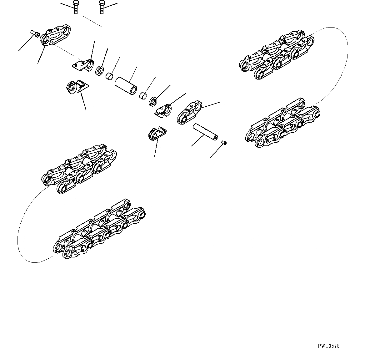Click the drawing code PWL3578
click(x=328, y=346)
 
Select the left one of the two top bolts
click(x=76, y=7)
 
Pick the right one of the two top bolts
click(x=101, y=7)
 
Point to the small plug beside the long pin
click(x=224, y=143)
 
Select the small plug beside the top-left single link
click(x=35, y=33)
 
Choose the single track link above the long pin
click(x=189, y=112)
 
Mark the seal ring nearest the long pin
click(x=153, y=101)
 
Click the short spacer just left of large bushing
click(x=109, y=76)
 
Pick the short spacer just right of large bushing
click(x=143, y=95)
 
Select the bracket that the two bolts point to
click(x=83, y=65)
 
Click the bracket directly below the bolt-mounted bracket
click(x=77, y=87)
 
